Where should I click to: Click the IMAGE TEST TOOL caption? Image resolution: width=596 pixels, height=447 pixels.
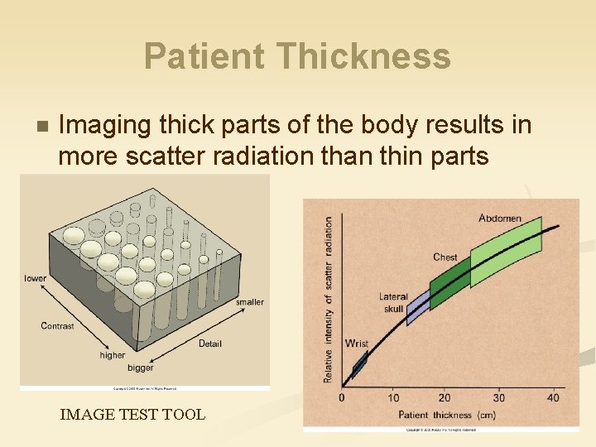click(132, 414)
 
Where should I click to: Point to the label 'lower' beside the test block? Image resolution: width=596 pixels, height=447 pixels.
click(36, 278)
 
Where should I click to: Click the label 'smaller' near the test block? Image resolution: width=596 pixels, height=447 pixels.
click(249, 302)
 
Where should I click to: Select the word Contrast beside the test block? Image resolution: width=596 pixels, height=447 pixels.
click(57, 326)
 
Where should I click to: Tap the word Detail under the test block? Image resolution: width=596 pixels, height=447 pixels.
click(210, 344)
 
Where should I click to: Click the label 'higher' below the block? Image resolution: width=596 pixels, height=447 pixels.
click(113, 355)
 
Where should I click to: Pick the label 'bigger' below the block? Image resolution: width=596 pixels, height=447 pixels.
click(141, 368)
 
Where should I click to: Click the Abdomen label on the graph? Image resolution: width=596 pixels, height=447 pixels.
click(500, 219)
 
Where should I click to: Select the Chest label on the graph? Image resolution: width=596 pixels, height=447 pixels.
click(445, 257)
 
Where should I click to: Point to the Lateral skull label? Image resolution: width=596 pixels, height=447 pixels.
click(393, 303)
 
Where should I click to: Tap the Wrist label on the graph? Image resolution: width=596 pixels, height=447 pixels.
click(357, 344)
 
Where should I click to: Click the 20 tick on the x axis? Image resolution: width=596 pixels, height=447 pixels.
click(445, 398)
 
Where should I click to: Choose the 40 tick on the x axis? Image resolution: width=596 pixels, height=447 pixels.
click(552, 398)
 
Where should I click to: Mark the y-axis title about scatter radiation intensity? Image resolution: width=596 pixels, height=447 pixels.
click(329, 300)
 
